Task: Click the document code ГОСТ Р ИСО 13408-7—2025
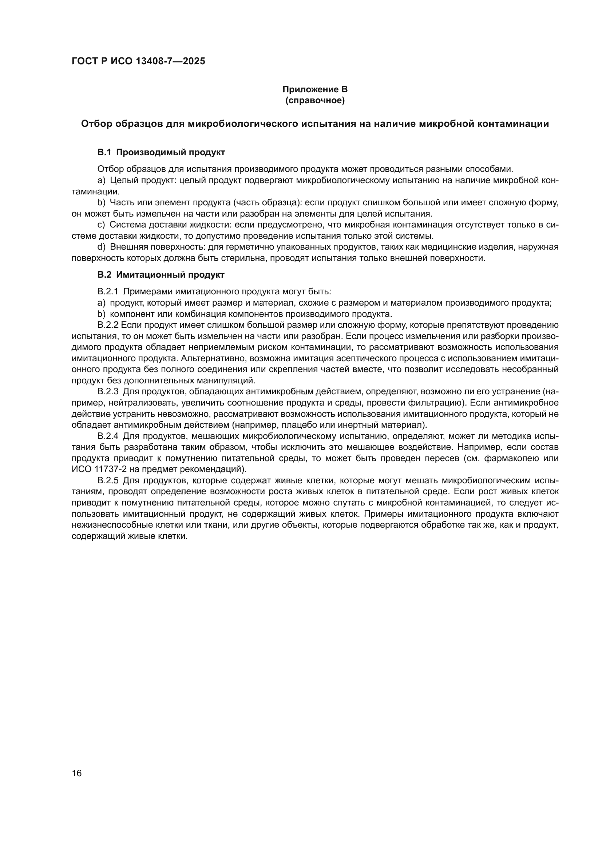pyautogui.click(x=138, y=61)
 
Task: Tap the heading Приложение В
pyautogui.click(x=315, y=89)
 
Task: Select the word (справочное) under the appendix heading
pyautogui.click(x=315, y=100)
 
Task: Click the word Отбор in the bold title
pyautogui.click(x=96, y=124)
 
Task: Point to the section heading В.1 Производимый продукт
pyautogui.click(x=161, y=152)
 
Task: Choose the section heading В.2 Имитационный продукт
pyautogui.click(x=161, y=275)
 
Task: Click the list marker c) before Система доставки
pyautogui.click(x=101, y=225)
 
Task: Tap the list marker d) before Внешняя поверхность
pyautogui.click(x=101, y=247)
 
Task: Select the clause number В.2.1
pyautogui.click(x=107, y=292)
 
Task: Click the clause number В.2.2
pyautogui.click(x=107, y=325)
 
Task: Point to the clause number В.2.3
pyautogui.click(x=107, y=392)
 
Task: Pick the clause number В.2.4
pyautogui.click(x=107, y=436)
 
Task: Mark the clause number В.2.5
pyautogui.click(x=107, y=480)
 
